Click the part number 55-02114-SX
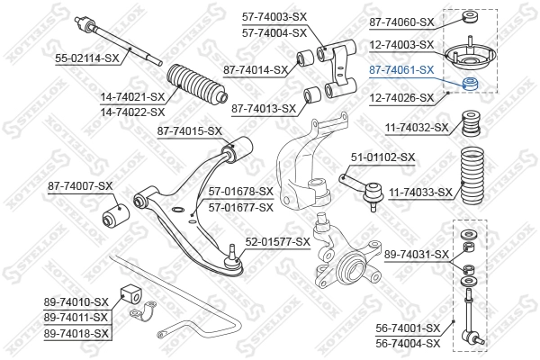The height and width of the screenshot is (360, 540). [87, 58]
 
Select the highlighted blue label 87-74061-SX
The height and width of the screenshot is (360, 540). [402, 69]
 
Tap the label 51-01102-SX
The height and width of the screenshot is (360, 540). [382, 157]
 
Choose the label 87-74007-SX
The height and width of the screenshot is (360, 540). [80, 186]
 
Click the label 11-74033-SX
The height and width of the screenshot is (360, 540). [418, 192]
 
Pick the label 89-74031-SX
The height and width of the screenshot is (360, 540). [417, 255]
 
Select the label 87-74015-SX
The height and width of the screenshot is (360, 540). [189, 131]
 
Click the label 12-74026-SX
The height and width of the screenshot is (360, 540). [402, 97]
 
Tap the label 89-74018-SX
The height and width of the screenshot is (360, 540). [76, 333]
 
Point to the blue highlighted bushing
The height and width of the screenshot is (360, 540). [469, 85]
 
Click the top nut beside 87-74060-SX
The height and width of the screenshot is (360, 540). [469, 17]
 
